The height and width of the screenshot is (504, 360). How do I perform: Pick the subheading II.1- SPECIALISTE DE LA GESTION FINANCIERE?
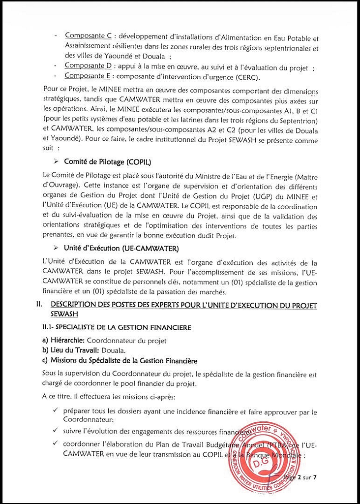point(117,327)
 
